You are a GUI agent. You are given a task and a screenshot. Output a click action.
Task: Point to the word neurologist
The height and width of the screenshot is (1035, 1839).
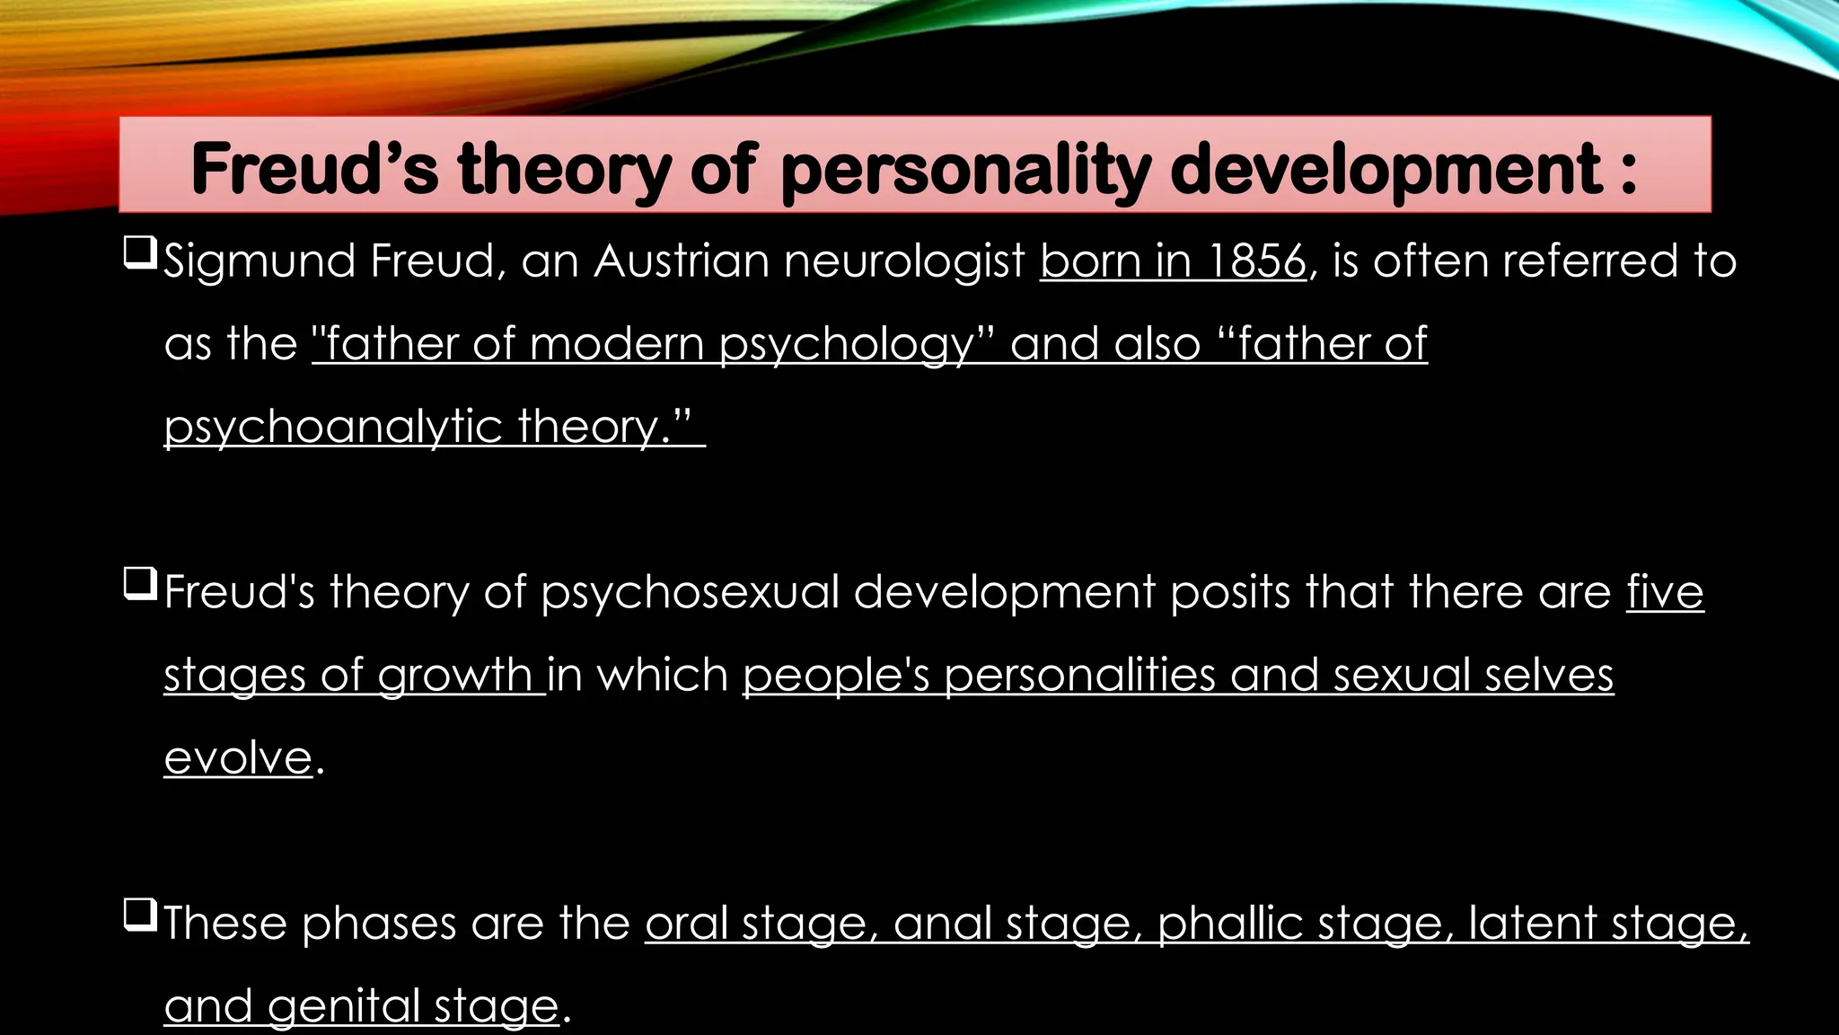point(904,262)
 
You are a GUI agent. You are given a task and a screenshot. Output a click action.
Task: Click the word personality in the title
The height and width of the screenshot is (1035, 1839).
point(966,169)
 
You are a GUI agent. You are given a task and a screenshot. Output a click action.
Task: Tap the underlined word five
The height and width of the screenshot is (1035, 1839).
point(1665,593)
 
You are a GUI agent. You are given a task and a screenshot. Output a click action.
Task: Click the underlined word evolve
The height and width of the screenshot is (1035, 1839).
point(238,757)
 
